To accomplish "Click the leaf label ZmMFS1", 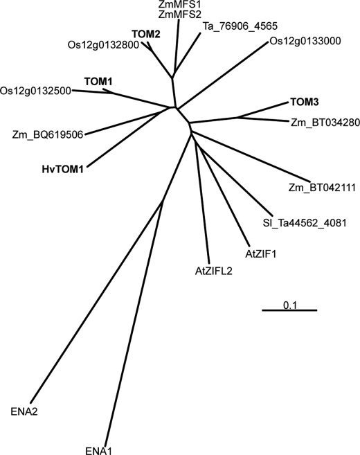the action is pyautogui.click(x=180, y=4).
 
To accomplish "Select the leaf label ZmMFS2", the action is pyautogui.click(x=180, y=14).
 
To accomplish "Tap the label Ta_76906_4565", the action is pyautogui.click(x=240, y=26).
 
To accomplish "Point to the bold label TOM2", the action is pyautogui.click(x=146, y=34).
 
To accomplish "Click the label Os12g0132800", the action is pyautogui.click(x=103, y=45).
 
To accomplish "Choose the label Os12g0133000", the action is pyautogui.click(x=305, y=41).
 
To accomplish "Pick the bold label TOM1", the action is pyautogui.click(x=98, y=82).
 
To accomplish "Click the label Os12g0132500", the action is pyautogui.click(x=36, y=91).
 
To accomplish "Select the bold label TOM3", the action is pyautogui.click(x=305, y=102).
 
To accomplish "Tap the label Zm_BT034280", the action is pyautogui.click(x=325, y=123).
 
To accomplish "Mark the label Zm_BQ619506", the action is pyautogui.click(x=48, y=134).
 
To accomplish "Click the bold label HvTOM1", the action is pyautogui.click(x=63, y=169).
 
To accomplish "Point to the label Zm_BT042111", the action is pyautogui.click(x=322, y=188).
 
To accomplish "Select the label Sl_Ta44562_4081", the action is pyautogui.click(x=305, y=223).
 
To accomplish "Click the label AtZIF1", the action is pyautogui.click(x=261, y=254).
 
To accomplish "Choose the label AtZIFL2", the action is pyautogui.click(x=214, y=271).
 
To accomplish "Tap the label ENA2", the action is pyautogui.click(x=24, y=411).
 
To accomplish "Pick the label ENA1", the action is pyautogui.click(x=98, y=451).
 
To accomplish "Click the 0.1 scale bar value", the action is pyautogui.click(x=290, y=305).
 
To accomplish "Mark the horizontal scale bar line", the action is pyautogui.click(x=290, y=310).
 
